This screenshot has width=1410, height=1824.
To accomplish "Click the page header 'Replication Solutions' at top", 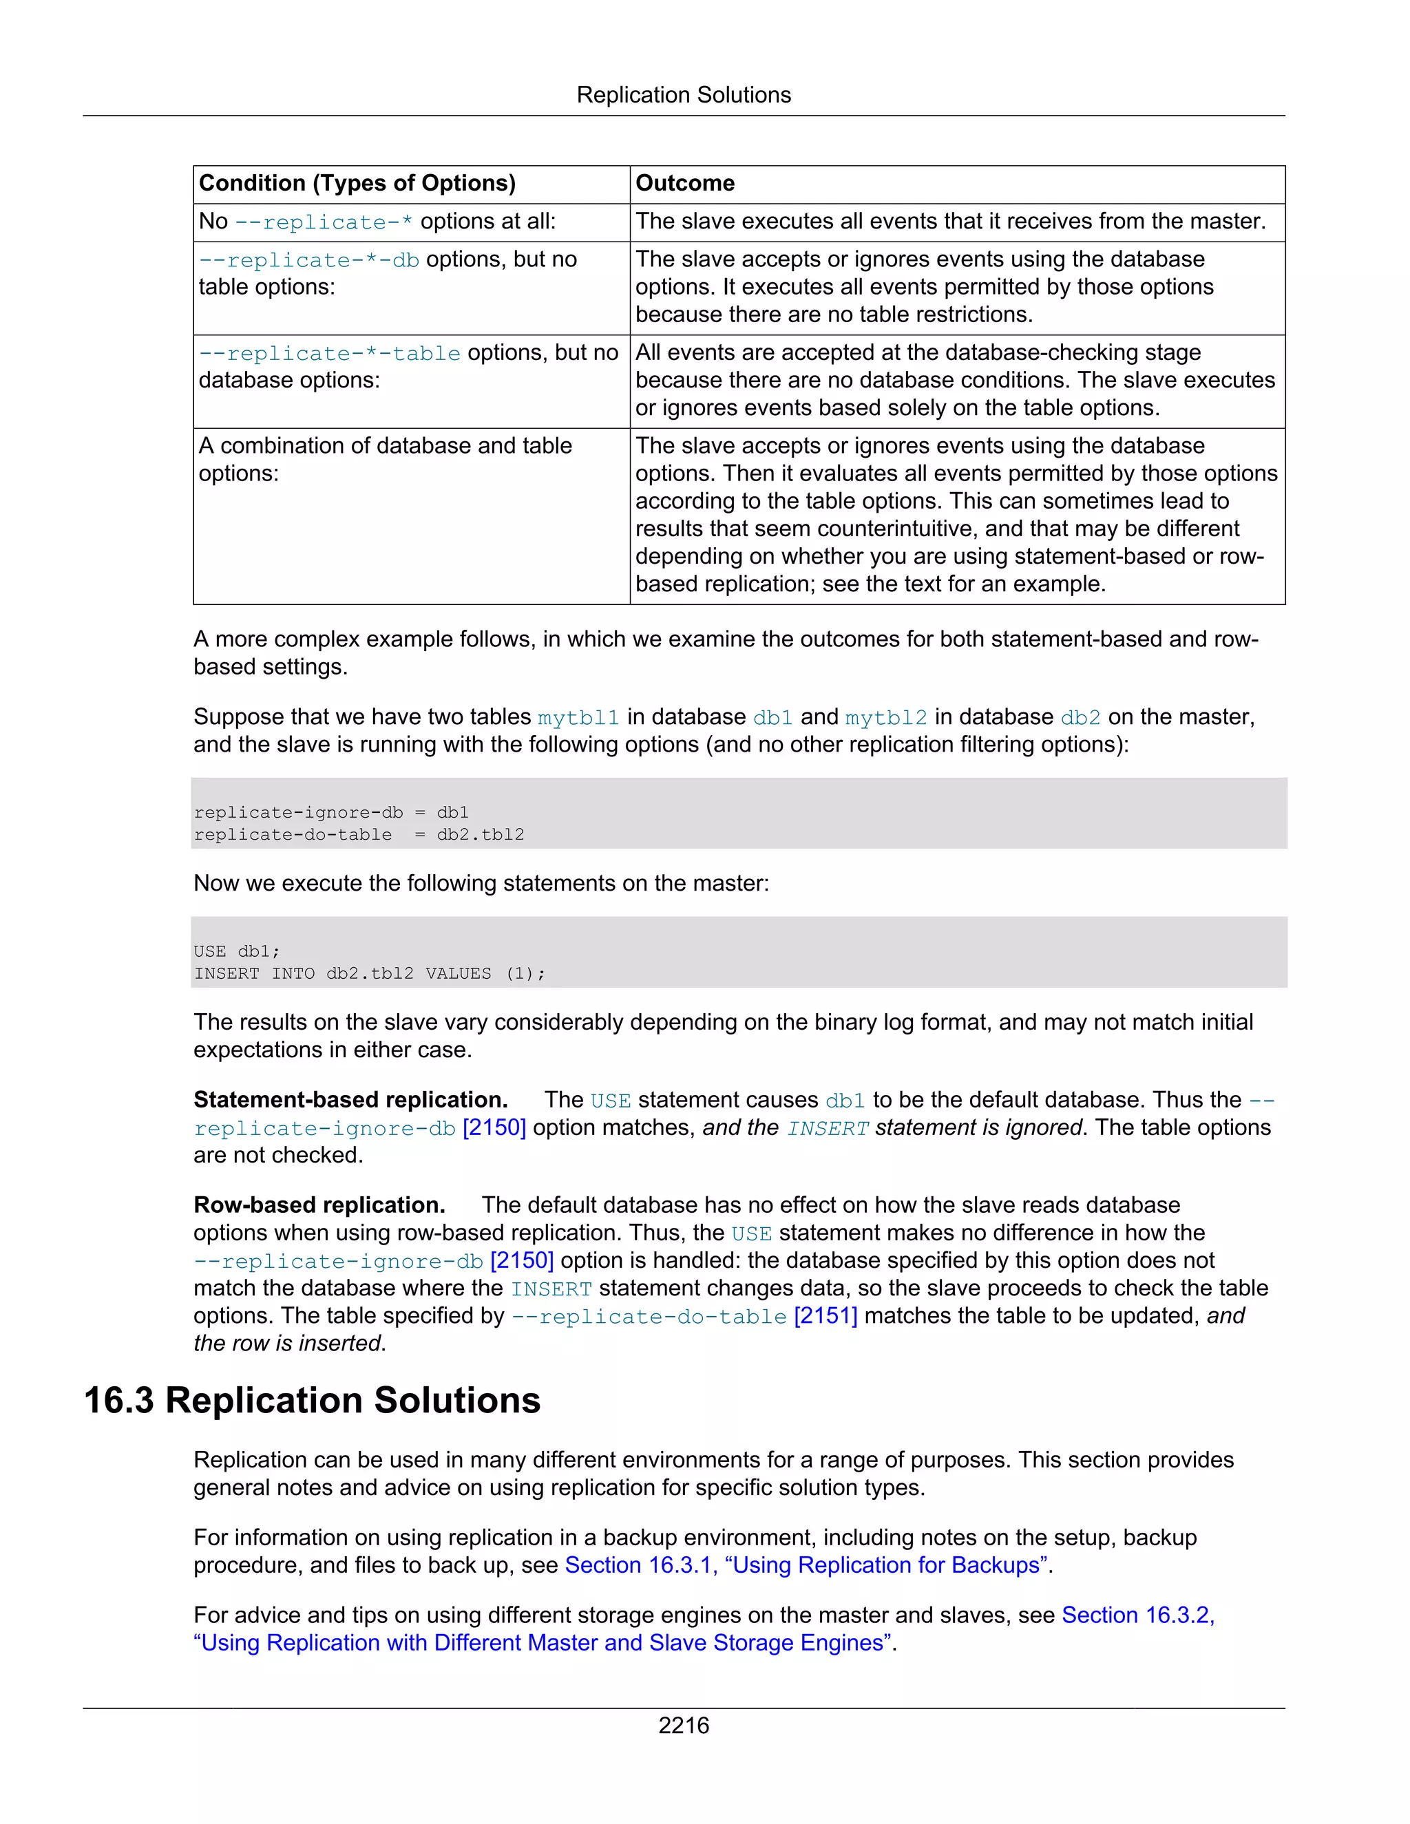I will click(x=683, y=95).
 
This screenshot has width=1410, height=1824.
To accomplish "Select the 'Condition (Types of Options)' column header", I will click(x=357, y=183).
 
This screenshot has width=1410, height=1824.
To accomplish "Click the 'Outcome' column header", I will click(x=685, y=183).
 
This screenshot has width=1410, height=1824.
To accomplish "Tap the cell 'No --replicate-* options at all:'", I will click(x=377, y=222).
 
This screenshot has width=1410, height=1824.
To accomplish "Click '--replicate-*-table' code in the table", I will click(x=329, y=353).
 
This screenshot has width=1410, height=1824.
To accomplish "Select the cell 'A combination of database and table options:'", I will click(x=384, y=458).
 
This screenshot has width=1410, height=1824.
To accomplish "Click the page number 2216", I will click(x=683, y=1726).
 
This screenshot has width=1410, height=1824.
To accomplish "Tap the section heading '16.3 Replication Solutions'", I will click(x=312, y=1401).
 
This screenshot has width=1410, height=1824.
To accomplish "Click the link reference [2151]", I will click(x=825, y=1315).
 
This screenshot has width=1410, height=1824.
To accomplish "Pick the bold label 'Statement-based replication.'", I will click(x=351, y=1100).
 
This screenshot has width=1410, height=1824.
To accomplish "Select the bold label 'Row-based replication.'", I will click(x=319, y=1205).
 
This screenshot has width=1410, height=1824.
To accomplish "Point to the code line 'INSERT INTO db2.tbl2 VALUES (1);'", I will click(x=369, y=974).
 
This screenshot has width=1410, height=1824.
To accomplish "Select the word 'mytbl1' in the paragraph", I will click(x=578, y=717).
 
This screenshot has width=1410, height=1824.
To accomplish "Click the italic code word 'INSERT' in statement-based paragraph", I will click(x=827, y=1128).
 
